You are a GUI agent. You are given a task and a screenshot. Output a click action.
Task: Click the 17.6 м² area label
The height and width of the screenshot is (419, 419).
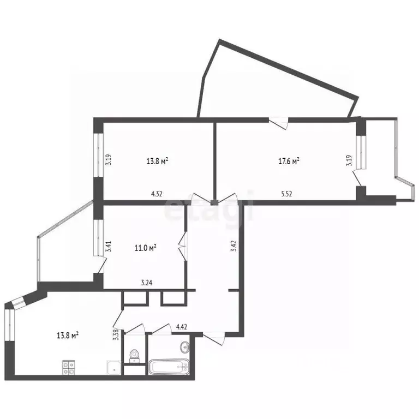[x=289, y=161]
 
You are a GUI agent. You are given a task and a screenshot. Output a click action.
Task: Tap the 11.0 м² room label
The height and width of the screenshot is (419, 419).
[x=145, y=248]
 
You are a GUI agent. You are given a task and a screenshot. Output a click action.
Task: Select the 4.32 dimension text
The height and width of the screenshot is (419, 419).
[x=157, y=194]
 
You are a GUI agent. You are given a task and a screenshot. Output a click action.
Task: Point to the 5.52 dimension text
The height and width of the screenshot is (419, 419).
[x=286, y=194]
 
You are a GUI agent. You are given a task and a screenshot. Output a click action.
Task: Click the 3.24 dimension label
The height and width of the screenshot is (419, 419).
[x=146, y=283]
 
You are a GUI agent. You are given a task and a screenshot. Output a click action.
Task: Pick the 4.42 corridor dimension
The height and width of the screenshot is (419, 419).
[x=181, y=327]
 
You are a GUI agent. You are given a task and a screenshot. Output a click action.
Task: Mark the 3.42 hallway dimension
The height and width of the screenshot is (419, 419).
[x=234, y=246]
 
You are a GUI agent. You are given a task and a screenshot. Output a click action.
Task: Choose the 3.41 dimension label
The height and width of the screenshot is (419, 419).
[x=108, y=247]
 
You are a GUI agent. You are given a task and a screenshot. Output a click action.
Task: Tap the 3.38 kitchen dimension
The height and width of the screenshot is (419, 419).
[x=116, y=334]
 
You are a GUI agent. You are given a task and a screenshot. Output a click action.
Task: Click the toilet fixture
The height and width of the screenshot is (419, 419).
[x=134, y=356]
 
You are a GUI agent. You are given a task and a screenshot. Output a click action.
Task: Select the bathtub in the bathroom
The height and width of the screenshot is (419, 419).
[x=169, y=367]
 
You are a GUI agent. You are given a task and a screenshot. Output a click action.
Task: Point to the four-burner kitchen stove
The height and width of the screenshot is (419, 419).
[x=69, y=367]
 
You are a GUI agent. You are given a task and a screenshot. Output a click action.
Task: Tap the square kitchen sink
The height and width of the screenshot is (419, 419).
[x=114, y=368]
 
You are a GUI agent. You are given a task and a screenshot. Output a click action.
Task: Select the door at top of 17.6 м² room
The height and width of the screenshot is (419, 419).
[x=278, y=123]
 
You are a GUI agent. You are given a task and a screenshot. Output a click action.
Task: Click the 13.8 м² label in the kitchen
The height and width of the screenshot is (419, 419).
[x=68, y=335]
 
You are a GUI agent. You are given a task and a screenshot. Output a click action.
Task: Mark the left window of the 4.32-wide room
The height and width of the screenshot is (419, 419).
[x=98, y=155]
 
